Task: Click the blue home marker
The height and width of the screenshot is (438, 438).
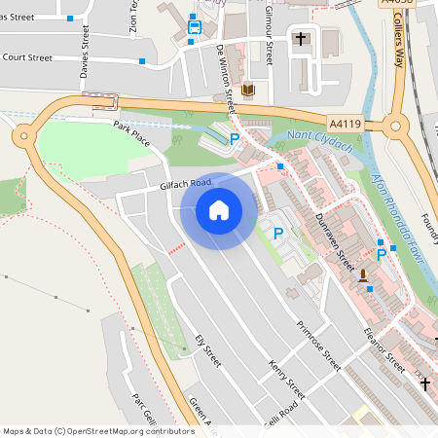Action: tap(219, 209)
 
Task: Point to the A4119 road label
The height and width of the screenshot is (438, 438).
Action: tap(345, 124)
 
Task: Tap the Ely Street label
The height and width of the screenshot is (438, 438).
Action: tap(208, 351)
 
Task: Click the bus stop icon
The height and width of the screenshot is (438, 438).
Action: tap(195, 27)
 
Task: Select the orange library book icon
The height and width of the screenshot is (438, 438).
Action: tap(247, 91)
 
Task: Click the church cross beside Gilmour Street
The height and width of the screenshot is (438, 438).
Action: tap(301, 40)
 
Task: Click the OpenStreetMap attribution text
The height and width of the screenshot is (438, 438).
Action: tap(98, 431)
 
